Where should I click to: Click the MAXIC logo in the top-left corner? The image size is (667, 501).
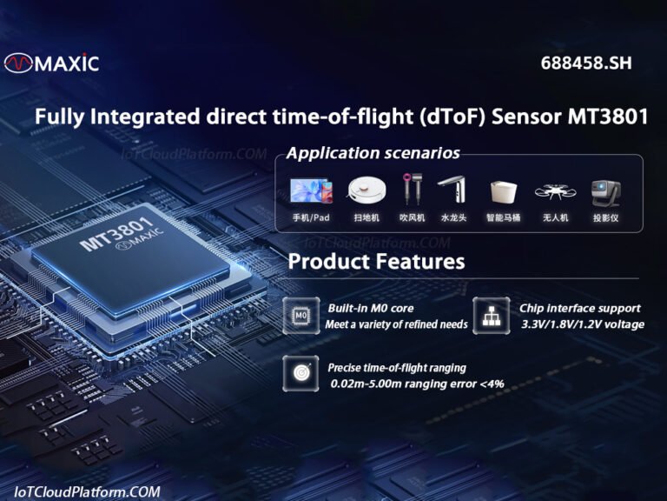(51, 63)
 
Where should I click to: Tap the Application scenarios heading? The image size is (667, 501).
(373, 154)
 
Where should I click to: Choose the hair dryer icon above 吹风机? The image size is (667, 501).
(411, 190)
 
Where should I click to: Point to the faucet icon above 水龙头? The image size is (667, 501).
(452, 190)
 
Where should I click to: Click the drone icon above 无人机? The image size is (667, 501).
(554, 191)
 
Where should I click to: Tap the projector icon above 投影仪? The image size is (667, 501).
(604, 191)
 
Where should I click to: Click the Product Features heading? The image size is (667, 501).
(376, 261)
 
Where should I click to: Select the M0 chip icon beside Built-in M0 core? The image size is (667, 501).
(301, 315)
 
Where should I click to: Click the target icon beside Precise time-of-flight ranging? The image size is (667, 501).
(301, 374)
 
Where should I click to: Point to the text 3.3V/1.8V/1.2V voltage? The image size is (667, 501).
(583, 324)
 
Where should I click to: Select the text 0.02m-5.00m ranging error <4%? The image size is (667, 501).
(417, 384)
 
